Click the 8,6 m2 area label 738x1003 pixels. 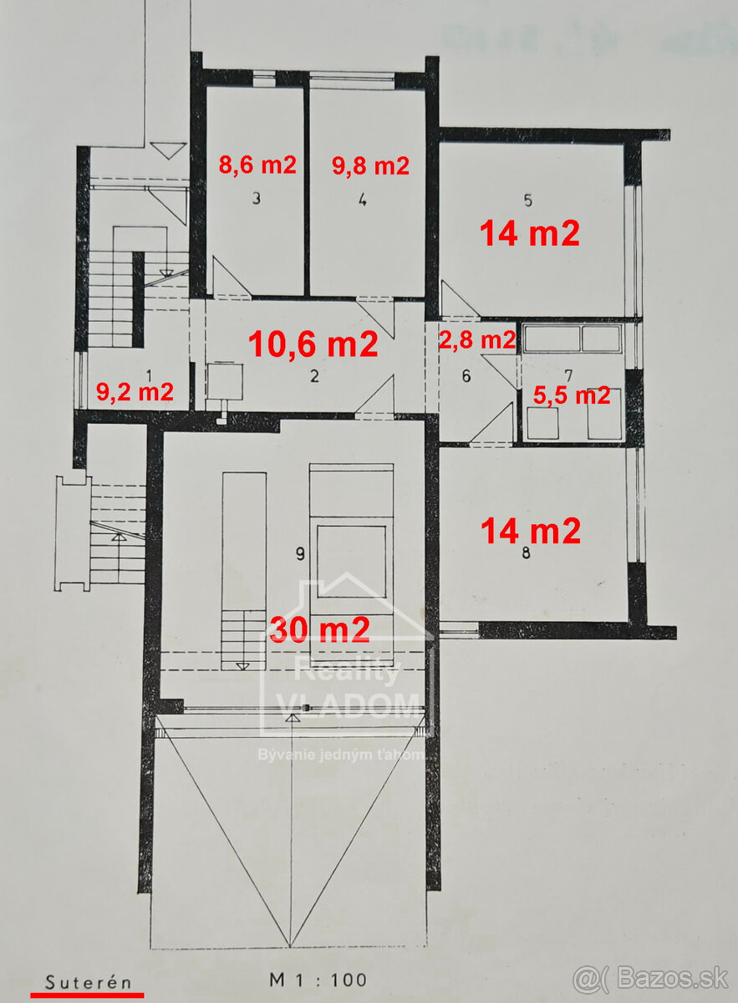tap(257, 165)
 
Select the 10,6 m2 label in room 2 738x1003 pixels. tap(313, 344)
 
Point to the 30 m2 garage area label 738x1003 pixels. tap(319, 629)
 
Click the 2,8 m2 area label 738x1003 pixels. tap(477, 340)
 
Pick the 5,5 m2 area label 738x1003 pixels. tap(573, 395)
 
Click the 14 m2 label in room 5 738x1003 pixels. tap(529, 233)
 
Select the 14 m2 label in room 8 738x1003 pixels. tap(530, 530)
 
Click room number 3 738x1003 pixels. tap(257, 199)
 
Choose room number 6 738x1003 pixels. tap(466, 376)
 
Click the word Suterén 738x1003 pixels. tap(89, 981)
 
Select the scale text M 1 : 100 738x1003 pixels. tap(318, 980)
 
